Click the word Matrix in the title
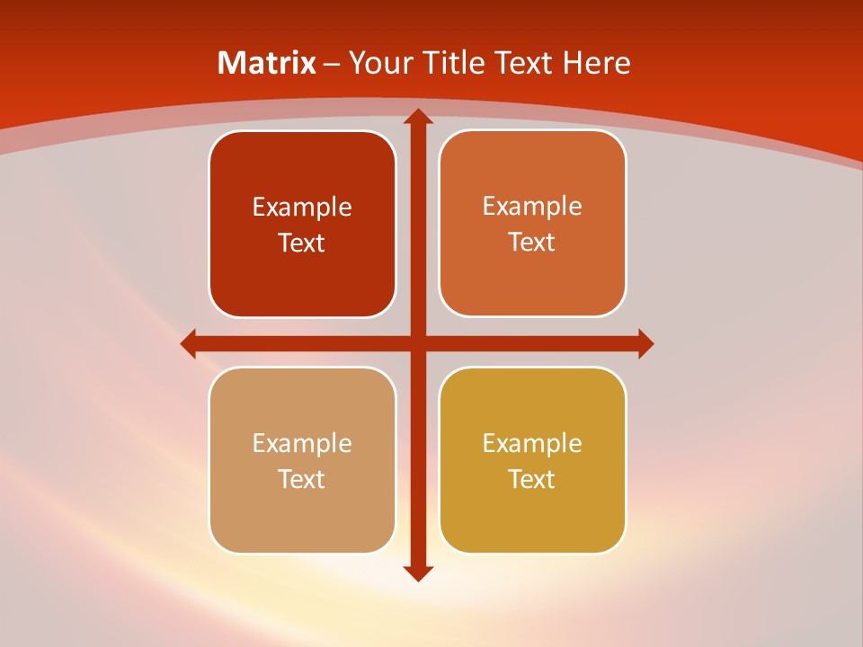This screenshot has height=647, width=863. [267, 63]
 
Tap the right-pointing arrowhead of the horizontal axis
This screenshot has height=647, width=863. [645, 343]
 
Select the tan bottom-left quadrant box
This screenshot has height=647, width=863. [302, 512]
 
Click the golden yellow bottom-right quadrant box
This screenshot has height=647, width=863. [532, 512]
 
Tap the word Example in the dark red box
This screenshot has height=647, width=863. [302, 208]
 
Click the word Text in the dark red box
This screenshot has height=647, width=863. [302, 244]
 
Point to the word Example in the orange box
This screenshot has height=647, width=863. [532, 207]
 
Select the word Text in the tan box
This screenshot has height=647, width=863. [302, 480]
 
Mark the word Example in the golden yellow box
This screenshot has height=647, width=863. [532, 444]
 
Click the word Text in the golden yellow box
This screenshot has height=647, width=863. [532, 480]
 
